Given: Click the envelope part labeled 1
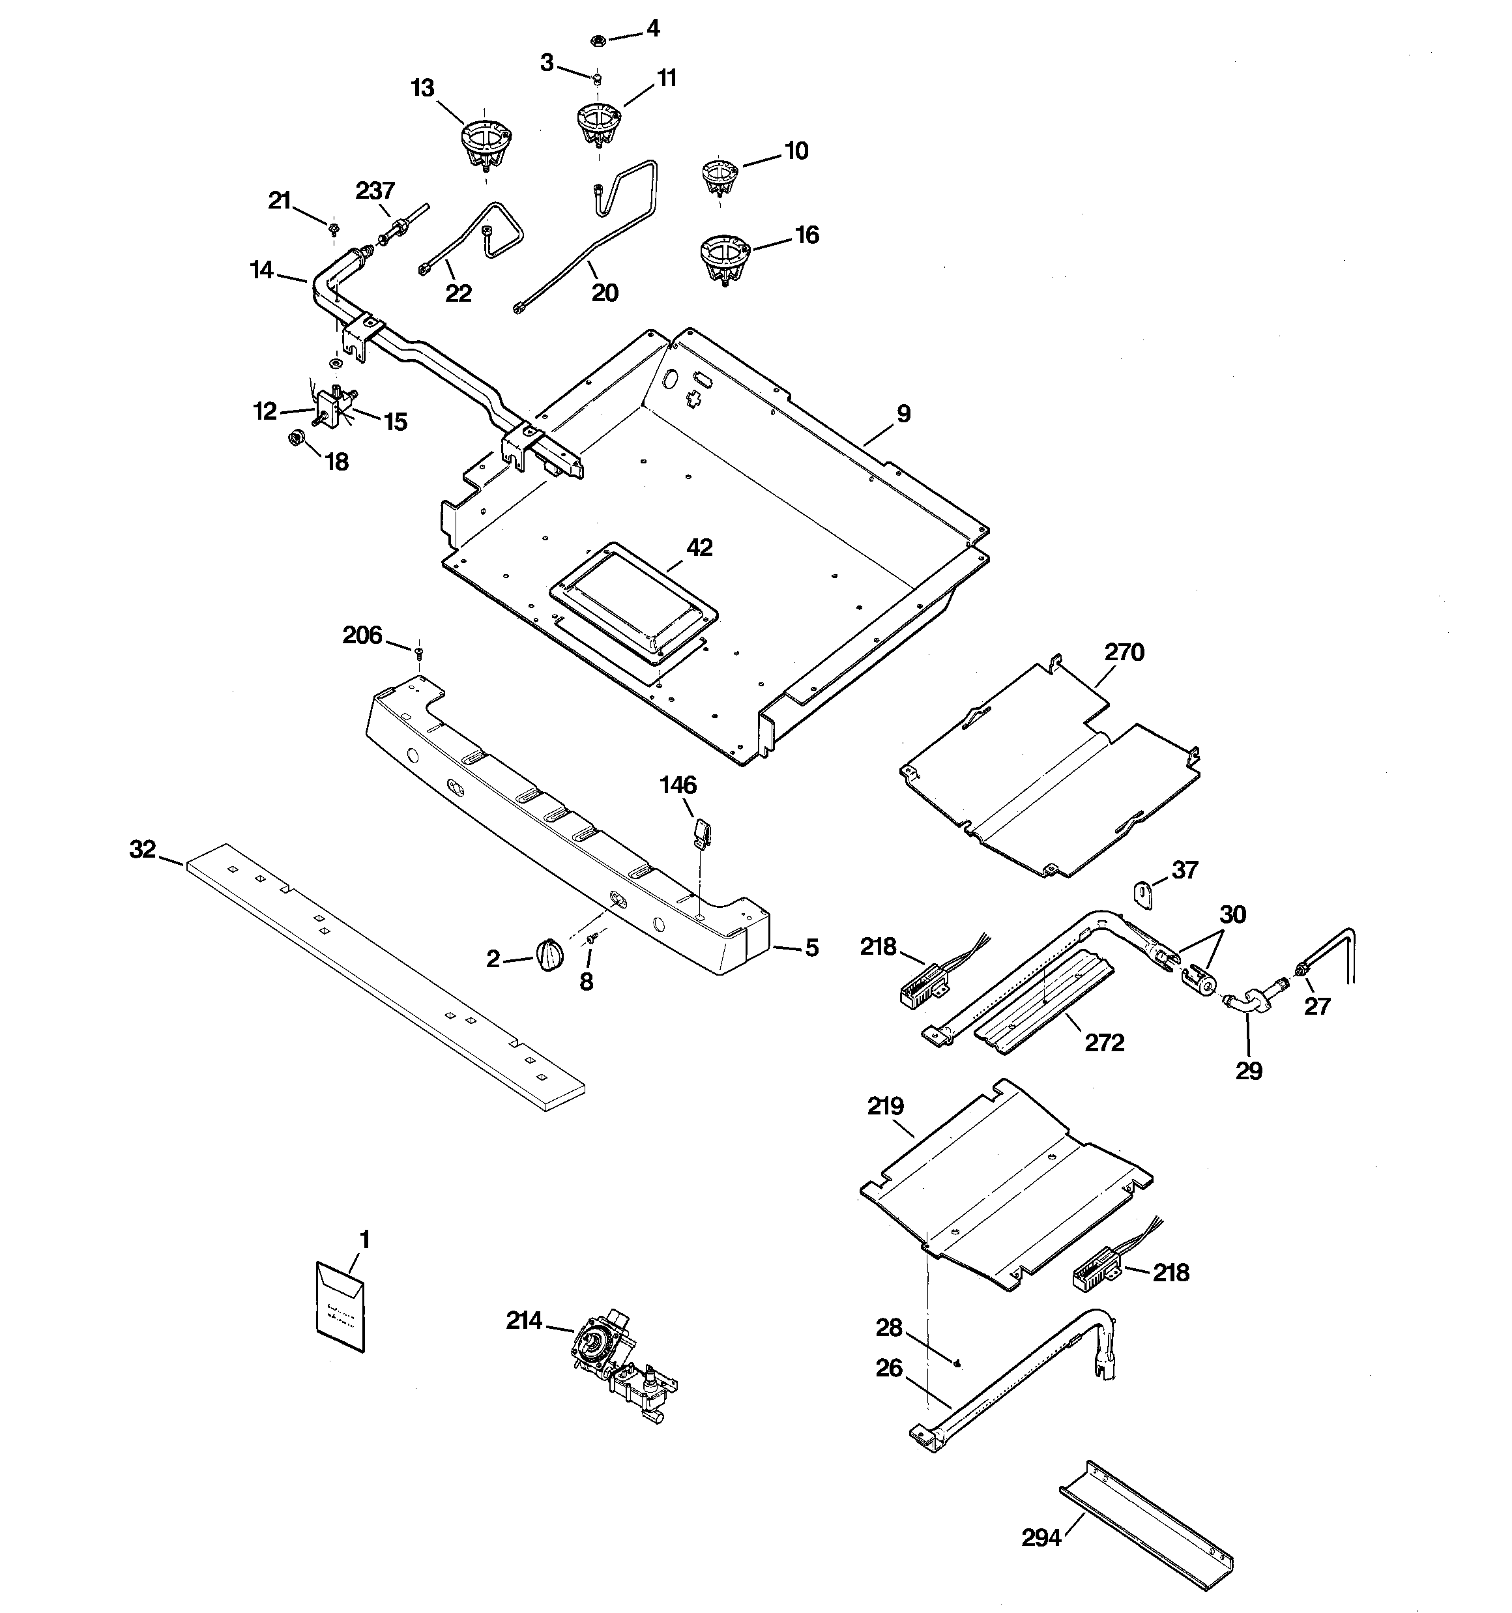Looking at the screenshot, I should (x=340, y=1305).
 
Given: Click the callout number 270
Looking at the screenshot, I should (x=1124, y=652).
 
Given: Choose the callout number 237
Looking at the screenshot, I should (x=375, y=191).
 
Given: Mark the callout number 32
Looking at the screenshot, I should (x=142, y=849).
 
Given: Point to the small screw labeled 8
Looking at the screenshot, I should (x=592, y=938).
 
